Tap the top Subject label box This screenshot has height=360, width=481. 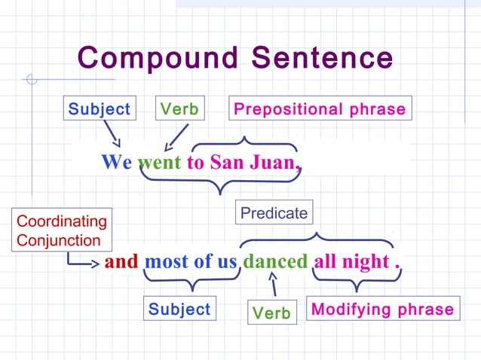pyautogui.click(x=100, y=109)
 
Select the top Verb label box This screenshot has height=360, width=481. pyautogui.click(x=179, y=109)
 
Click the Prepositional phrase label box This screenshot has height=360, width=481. pyautogui.click(x=320, y=109)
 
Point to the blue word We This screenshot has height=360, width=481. pyautogui.click(x=116, y=162)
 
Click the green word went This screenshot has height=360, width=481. pyautogui.click(x=159, y=162)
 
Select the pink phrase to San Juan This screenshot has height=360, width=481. pyautogui.click(x=243, y=162)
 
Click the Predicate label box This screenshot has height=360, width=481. pyautogui.click(x=274, y=213)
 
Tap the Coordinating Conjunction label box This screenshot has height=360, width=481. pyautogui.click(x=62, y=230)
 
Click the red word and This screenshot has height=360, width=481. pyautogui.click(x=121, y=262)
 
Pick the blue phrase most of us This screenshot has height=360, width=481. pyautogui.click(x=191, y=262)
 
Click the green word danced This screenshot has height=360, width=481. pyautogui.click(x=275, y=262)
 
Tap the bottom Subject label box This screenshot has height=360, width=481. pyautogui.click(x=179, y=309)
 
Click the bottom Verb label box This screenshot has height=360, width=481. pyautogui.click(x=271, y=313)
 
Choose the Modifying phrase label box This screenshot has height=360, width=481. pyautogui.click(x=383, y=309)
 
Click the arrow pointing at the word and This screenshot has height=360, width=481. pyautogui.click(x=81, y=262)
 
